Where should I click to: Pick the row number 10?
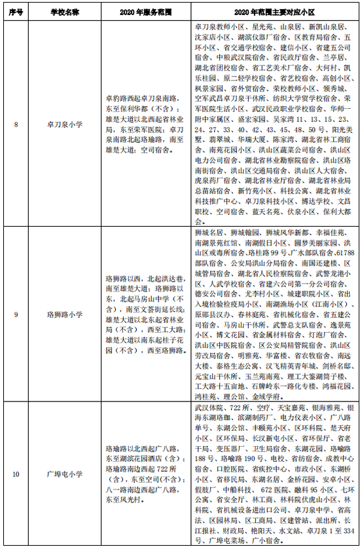pos(16,473)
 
